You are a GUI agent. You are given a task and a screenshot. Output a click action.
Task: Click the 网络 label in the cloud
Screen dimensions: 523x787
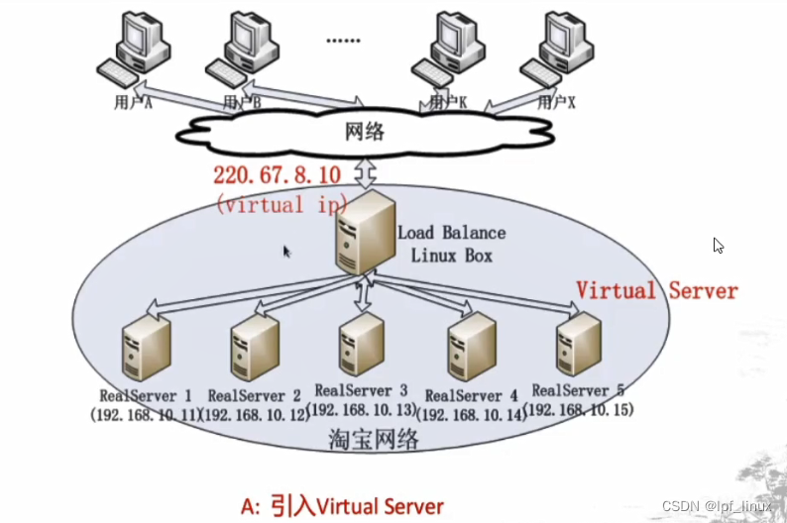(364, 133)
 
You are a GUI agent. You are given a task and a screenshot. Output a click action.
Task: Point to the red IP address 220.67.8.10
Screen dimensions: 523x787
(278, 175)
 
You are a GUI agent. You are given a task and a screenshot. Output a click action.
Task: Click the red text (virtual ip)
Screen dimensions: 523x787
(281, 205)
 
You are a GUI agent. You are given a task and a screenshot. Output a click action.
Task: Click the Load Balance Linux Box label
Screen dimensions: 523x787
(451, 244)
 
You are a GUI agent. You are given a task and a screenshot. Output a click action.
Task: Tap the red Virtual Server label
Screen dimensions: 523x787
(657, 290)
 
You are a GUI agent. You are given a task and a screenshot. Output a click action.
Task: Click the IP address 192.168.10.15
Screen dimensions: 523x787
(580, 409)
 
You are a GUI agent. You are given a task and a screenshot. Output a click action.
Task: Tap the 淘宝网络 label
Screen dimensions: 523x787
(374, 440)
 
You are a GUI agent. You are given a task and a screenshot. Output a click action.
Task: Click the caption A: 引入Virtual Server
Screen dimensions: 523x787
(342, 505)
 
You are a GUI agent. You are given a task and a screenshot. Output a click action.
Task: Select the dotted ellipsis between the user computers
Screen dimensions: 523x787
(343, 40)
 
